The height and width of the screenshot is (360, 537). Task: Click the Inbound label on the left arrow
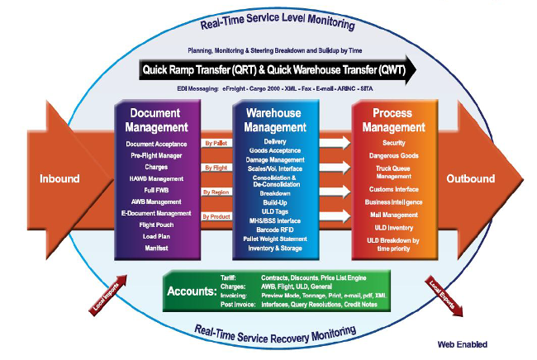(59, 178)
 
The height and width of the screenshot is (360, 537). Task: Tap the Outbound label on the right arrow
(470, 178)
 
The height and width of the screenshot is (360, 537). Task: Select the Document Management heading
(156, 121)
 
